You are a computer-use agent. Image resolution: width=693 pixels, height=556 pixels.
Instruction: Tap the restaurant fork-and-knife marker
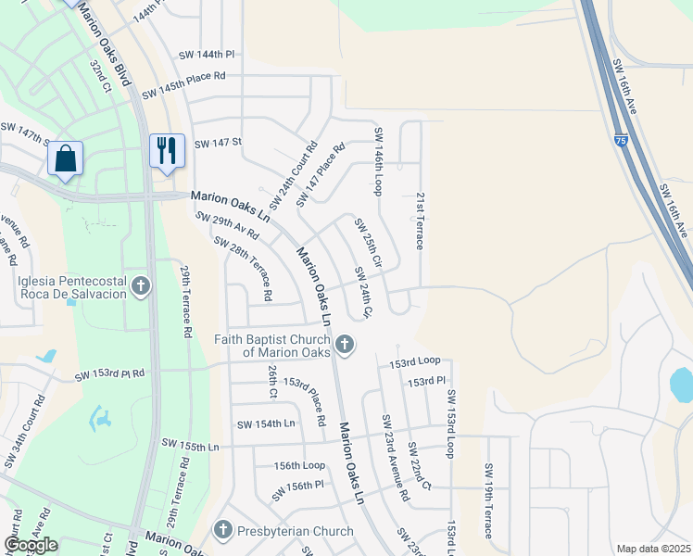coord(166,150)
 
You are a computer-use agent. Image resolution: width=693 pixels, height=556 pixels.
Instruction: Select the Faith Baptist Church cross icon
coord(344,346)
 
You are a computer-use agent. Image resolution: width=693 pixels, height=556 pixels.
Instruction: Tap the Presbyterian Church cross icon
coord(222,531)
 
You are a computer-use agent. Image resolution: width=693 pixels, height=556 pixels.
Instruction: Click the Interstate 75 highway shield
coord(620,140)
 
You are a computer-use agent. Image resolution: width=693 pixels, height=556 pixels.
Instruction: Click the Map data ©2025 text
coord(653,549)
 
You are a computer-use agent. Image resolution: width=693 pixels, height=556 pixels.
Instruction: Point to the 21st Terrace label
coord(419,221)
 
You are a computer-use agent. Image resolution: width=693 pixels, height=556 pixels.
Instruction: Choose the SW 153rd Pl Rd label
coord(109,374)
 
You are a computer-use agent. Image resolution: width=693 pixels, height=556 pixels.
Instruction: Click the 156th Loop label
coord(299,465)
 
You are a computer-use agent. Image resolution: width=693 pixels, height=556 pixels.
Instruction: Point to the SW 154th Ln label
coord(265,423)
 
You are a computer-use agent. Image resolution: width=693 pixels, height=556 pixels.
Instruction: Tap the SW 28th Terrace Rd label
coord(242,268)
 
